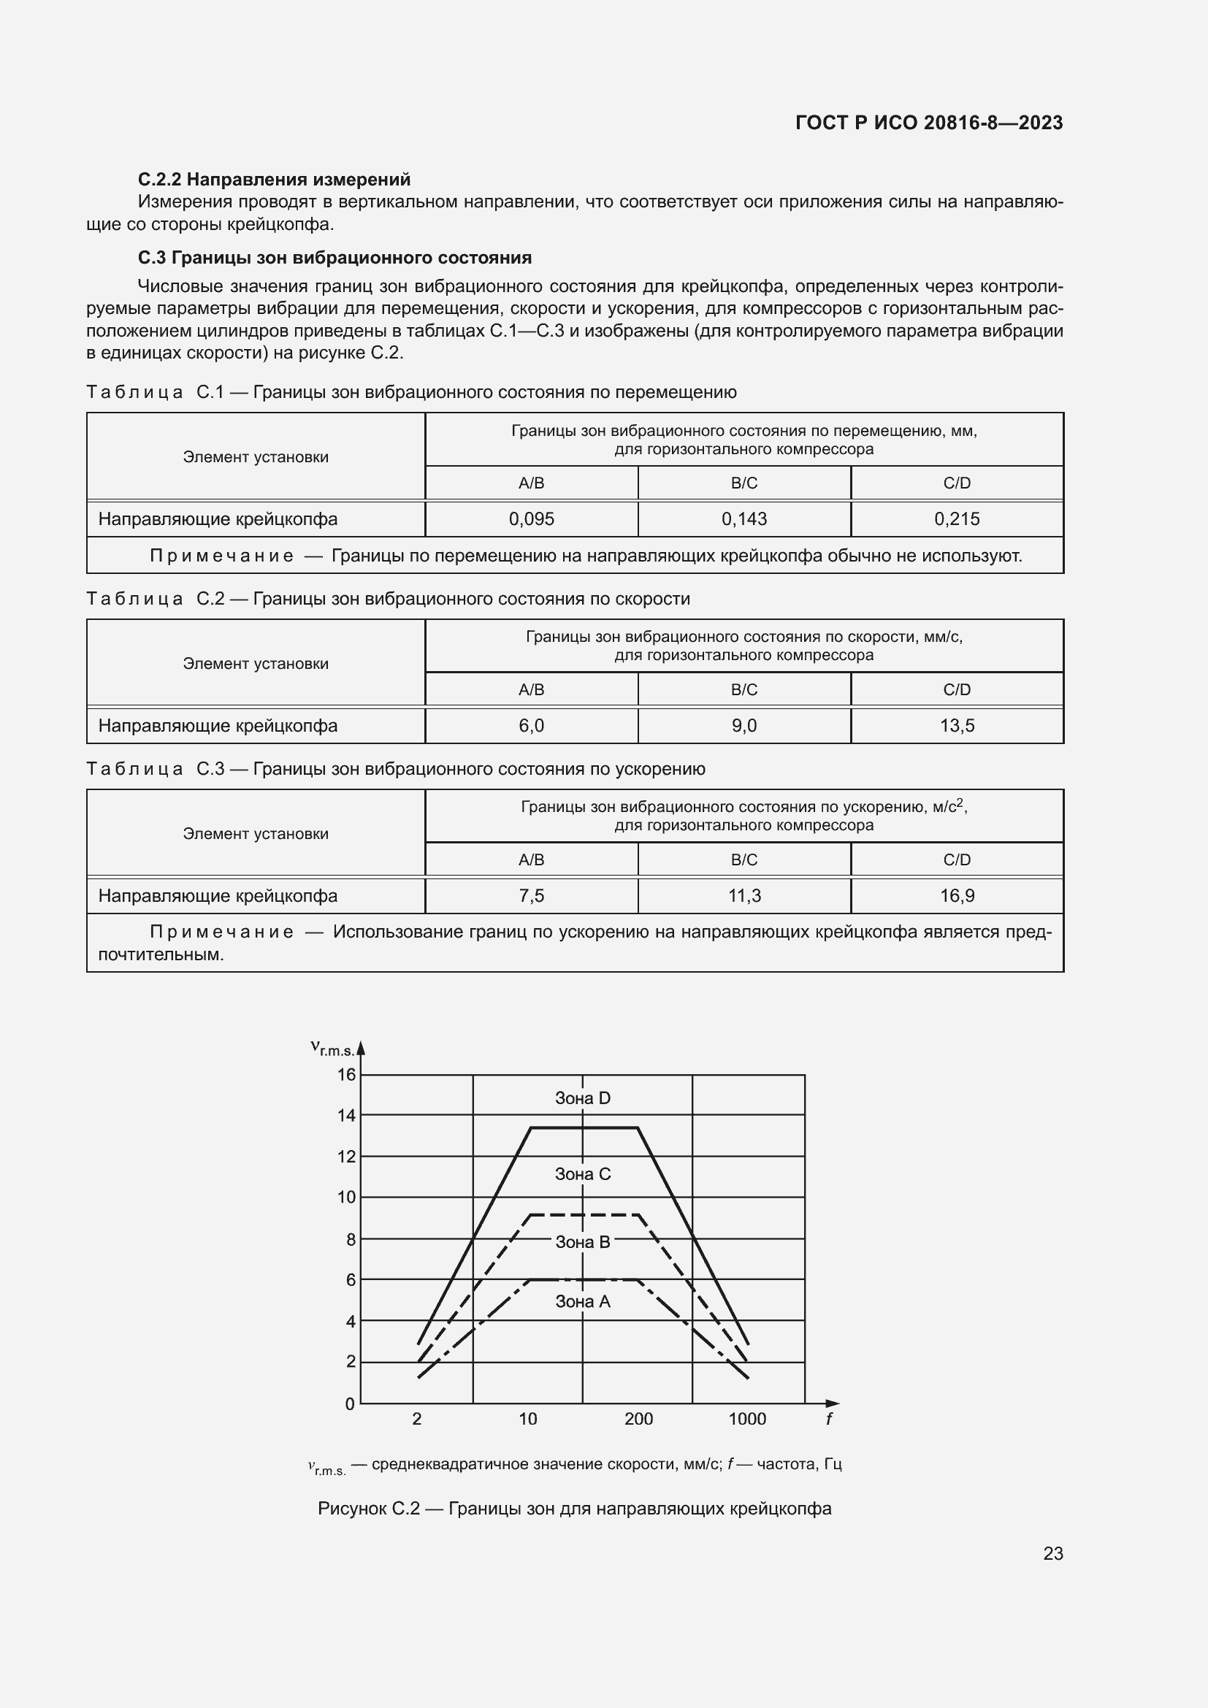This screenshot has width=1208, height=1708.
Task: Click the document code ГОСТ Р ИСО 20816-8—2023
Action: pyautogui.click(x=928, y=123)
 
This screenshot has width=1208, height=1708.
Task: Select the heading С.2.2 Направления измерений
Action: pyautogui.click(x=274, y=180)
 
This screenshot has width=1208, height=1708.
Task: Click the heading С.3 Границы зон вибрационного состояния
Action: pyautogui.click(x=335, y=257)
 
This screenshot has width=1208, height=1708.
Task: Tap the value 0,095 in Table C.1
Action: pyautogui.click(x=531, y=519)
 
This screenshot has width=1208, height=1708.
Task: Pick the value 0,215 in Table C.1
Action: pyautogui.click(x=957, y=519)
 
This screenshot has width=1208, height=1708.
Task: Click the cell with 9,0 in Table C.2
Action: pyautogui.click(x=743, y=725)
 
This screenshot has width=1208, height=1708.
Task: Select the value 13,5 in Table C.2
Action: pyautogui.click(x=957, y=725)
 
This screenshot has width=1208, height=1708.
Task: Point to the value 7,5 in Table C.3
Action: pyautogui.click(x=531, y=896)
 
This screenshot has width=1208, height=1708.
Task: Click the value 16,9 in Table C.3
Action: pyautogui.click(x=957, y=896)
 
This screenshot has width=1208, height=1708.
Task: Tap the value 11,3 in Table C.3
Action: pyautogui.click(x=743, y=896)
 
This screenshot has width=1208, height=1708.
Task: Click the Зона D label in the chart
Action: pyautogui.click(x=582, y=1098)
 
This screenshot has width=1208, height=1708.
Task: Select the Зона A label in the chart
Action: pyautogui.click(x=582, y=1301)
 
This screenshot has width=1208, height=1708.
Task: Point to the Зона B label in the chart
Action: pyautogui.click(x=582, y=1241)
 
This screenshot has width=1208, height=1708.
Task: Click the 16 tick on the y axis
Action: pyautogui.click(x=347, y=1074)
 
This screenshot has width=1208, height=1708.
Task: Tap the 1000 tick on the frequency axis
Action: pyautogui.click(x=747, y=1419)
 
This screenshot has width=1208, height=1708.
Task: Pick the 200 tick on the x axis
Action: pyautogui.click(x=638, y=1419)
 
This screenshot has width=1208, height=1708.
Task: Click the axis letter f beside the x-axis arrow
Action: pyautogui.click(x=829, y=1419)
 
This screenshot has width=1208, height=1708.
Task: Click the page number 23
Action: pyautogui.click(x=1052, y=1553)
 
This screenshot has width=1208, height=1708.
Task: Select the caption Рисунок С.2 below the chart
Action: pyautogui.click(x=574, y=1508)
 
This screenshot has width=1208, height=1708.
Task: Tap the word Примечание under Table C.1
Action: pyautogui.click(x=222, y=556)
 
